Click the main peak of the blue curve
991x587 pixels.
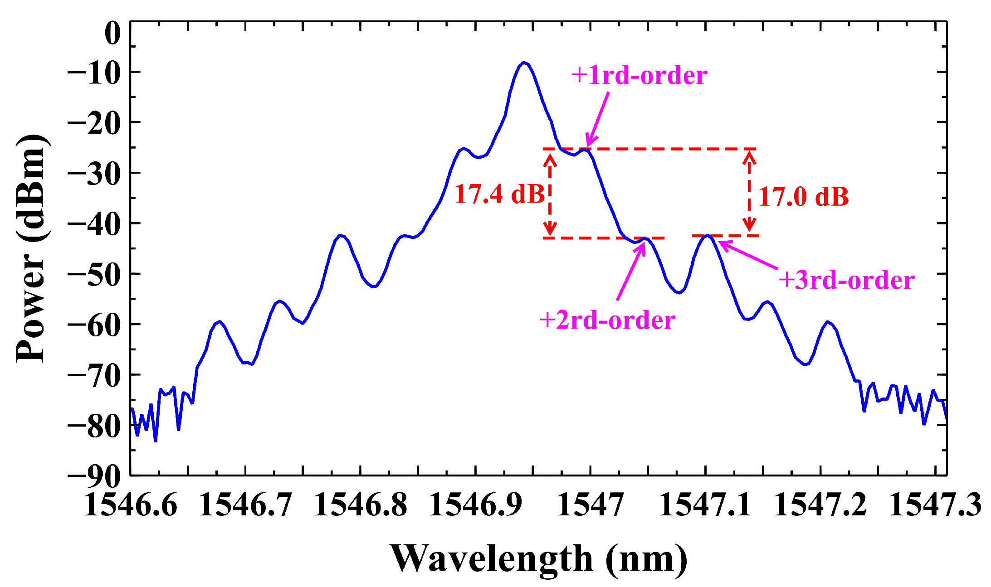tap(524, 63)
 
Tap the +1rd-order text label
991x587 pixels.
tap(639, 75)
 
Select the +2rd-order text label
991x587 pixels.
tap(607, 320)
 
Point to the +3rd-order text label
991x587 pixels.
tap(846, 280)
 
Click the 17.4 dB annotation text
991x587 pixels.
tap(499, 194)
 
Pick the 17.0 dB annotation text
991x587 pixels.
tap(803, 197)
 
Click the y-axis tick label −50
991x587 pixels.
tap(94, 274)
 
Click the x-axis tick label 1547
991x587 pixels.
tap(590, 505)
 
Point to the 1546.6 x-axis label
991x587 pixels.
tap(131, 505)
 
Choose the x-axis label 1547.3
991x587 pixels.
tap(935, 505)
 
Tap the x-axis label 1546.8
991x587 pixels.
tap(361, 505)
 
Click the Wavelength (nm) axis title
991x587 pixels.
tap(538, 559)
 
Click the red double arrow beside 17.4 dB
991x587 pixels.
tap(550, 194)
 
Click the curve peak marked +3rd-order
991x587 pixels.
tap(707, 236)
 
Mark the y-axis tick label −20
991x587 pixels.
tap(94, 123)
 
